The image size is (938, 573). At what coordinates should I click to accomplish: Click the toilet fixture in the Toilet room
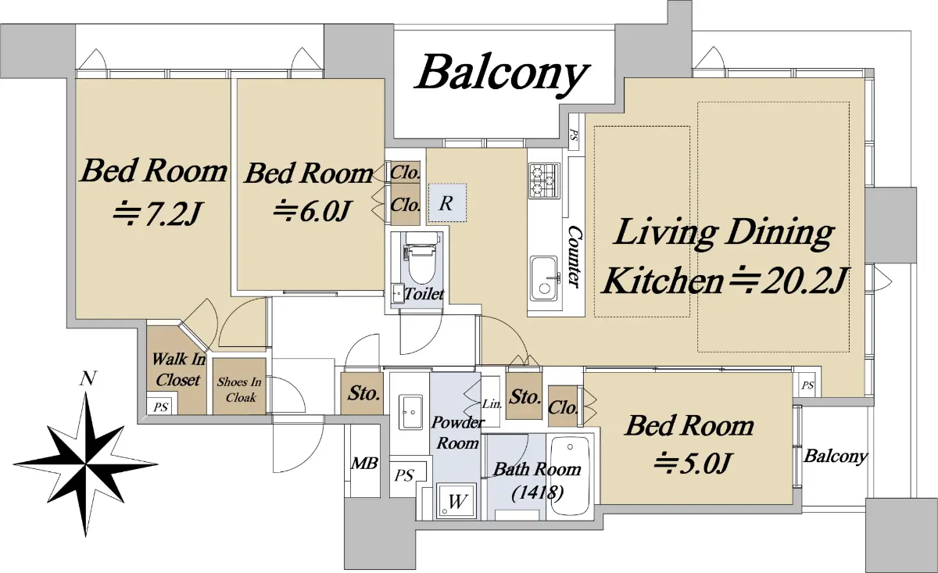(x=421, y=258)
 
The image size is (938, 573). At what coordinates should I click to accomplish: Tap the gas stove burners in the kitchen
(x=544, y=181)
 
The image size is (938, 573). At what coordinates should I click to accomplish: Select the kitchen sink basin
(x=544, y=278)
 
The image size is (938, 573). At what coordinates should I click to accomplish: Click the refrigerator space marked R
(x=447, y=203)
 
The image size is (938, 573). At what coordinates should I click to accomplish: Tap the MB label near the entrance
(x=364, y=464)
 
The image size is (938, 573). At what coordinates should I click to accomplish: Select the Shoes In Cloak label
(x=239, y=389)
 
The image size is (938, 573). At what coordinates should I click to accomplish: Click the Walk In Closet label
(x=178, y=369)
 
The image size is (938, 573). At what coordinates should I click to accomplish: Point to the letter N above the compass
(x=88, y=378)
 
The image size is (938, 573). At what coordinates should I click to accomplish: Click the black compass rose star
(x=86, y=464)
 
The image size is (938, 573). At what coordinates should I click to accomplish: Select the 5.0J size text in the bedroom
(x=693, y=464)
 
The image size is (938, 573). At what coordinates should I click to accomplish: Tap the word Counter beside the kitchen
(x=573, y=256)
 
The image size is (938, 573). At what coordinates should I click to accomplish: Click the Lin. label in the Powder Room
(x=492, y=404)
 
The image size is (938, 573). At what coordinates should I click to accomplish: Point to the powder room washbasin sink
(x=410, y=411)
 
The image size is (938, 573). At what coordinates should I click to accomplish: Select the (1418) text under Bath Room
(x=537, y=493)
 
